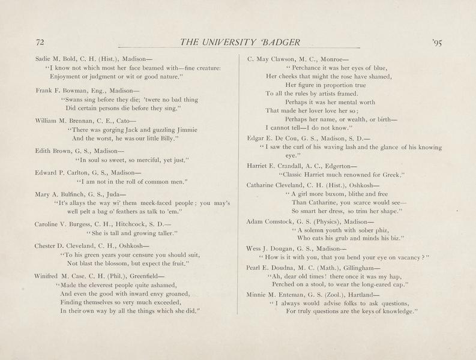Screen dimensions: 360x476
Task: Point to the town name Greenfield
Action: point(147,276)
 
